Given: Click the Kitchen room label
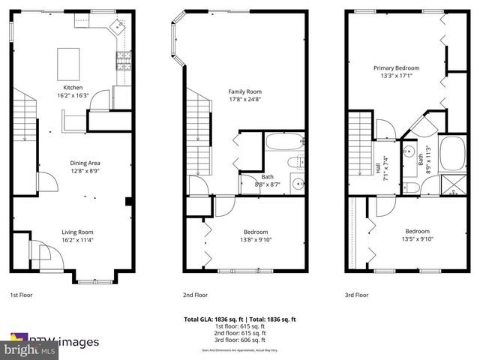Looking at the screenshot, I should point(73,87).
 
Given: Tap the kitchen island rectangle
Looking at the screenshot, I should point(69,62).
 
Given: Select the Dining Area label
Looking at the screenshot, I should point(85,163).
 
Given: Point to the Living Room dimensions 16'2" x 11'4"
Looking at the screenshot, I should point(77,240).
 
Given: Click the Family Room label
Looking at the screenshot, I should point(244,91).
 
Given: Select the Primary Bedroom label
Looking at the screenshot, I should point(397,67).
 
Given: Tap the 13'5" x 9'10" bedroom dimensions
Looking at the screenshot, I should point(417,239).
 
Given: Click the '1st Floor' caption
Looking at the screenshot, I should point(20,295).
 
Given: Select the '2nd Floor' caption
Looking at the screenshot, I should point(195,295).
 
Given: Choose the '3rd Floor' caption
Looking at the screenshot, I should point(356,295).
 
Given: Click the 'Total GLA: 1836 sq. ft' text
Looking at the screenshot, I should point(211,319).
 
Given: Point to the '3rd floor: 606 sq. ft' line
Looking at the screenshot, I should point(240,340).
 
